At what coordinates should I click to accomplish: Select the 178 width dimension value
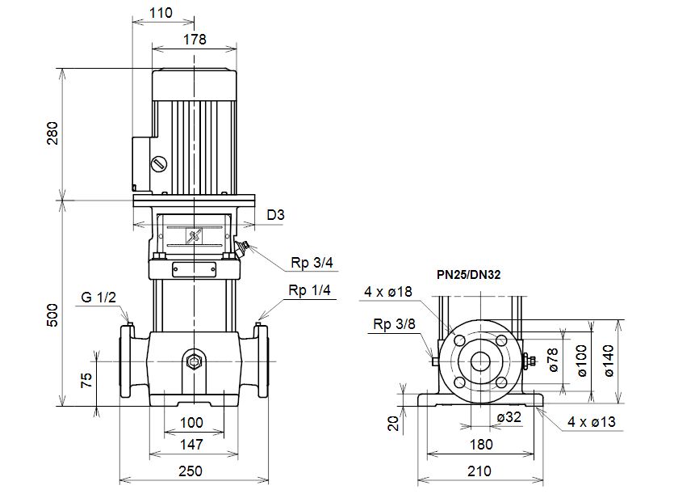pos(195,38)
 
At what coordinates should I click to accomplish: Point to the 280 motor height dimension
pos(52,133)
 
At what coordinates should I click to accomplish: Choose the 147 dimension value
pos(191,444)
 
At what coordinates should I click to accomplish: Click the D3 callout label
pos(276,215)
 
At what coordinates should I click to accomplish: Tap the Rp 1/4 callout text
pos(310,289)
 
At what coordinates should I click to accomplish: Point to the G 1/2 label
pos(98,297)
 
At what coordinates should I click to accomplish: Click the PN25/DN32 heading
pos(469,275)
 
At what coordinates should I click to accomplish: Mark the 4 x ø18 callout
pos(388,292)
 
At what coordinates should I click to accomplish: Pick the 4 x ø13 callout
pos(592,421)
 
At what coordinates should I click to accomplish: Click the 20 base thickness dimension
pos(393,423)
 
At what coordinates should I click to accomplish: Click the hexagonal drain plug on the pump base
pos(194,361)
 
